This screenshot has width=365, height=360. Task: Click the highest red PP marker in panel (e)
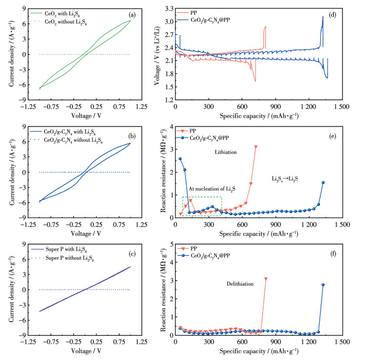point(256,146)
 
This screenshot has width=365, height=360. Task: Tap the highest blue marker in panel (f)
point(323,284)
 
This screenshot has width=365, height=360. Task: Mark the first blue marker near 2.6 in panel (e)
point(180,159)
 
